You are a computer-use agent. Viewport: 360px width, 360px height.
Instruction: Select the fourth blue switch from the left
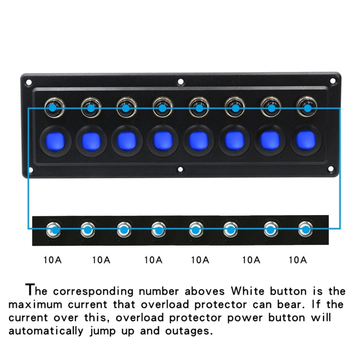click(x=162, y=141)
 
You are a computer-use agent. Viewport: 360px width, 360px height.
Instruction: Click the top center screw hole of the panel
click(x=180, y=82)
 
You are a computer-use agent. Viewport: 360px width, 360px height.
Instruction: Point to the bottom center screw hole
click(x=180, y=169)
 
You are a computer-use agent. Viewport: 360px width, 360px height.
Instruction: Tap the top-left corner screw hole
click(x=29, y=82)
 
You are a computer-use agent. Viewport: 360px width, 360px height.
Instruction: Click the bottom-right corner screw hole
click(x=331, y=169)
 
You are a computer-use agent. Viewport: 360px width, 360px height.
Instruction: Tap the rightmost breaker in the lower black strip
click(x=304, y=230)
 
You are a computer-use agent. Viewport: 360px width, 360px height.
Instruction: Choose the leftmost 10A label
click(x=52, y=260)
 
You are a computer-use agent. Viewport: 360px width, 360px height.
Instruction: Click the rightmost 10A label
click(x=297, y=260)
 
